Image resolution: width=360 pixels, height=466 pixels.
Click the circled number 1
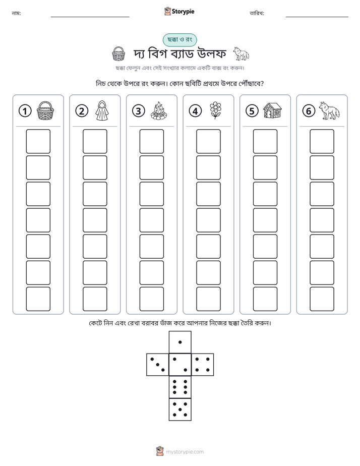point(25,111)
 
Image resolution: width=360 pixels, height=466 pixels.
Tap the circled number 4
point(195,111)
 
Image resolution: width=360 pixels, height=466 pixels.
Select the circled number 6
point(309,111)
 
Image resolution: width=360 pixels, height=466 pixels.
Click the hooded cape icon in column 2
point(102,110)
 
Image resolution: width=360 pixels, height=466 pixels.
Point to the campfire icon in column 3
point(159,110)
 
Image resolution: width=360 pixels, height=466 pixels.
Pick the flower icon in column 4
point(215,110)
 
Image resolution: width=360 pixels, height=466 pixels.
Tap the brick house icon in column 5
point(272,110)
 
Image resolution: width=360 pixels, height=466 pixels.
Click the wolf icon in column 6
point(329,110)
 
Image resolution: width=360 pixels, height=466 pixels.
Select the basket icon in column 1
point(45,110)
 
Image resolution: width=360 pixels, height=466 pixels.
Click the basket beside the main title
point(118,54)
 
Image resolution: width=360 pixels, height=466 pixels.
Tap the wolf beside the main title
point(241,54)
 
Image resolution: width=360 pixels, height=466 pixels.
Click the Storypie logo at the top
point(179,11)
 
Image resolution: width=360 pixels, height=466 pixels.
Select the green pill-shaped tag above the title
point(179,40)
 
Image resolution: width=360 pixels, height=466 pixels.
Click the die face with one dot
point(180,342)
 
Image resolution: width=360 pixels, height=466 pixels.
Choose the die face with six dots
point(180,387)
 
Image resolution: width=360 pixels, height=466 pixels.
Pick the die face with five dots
point(180,409)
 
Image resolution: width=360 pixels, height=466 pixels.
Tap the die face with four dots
point(203,364)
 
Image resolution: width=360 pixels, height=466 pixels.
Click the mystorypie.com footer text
point(185,452)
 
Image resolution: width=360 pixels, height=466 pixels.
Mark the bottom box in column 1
point(38,299)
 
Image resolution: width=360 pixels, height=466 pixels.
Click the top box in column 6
point(322,141)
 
